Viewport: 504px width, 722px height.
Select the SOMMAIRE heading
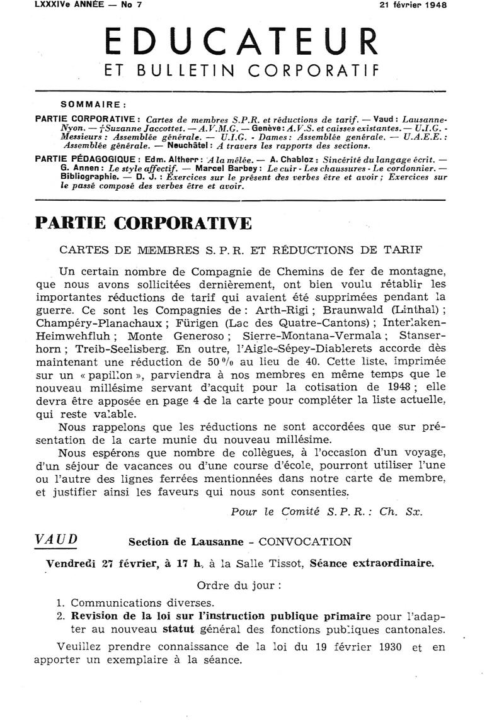coord(93,105)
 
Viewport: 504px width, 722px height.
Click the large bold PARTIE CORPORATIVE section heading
coord(143,224)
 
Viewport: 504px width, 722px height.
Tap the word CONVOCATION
coord(305,541)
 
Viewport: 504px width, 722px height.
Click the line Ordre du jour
coord(240,584)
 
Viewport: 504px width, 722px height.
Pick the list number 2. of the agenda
coord(60,616)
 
